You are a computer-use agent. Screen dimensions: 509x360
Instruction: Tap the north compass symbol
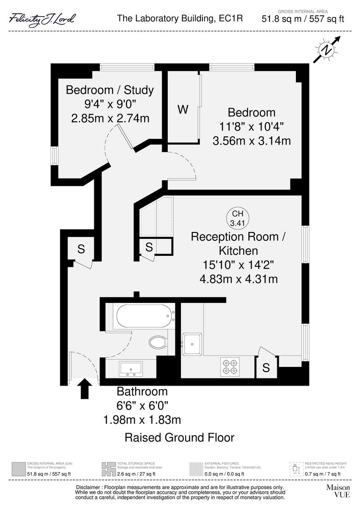(x=327, y=50)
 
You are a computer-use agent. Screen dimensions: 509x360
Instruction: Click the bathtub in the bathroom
(x=144, y=316)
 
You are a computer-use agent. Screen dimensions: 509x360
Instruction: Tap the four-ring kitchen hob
(x=230, y=366)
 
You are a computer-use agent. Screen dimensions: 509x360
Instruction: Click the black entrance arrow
(x=85, y=389)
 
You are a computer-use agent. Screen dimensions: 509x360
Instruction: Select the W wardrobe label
(x=183, y=109)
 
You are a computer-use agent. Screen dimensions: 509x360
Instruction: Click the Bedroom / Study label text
(x=110, y=90)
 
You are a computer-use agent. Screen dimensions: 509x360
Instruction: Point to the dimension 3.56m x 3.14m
(x=251, y=140)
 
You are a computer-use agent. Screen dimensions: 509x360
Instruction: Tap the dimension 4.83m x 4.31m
(x=239, y=279)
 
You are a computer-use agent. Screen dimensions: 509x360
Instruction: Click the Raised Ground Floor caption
(x=179, y=437)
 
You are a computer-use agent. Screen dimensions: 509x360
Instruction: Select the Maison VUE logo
(x=338, y=491)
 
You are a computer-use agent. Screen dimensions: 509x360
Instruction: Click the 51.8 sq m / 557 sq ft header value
(x=302, y=19)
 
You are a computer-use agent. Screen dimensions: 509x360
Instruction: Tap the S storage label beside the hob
(x=266, y=368)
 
